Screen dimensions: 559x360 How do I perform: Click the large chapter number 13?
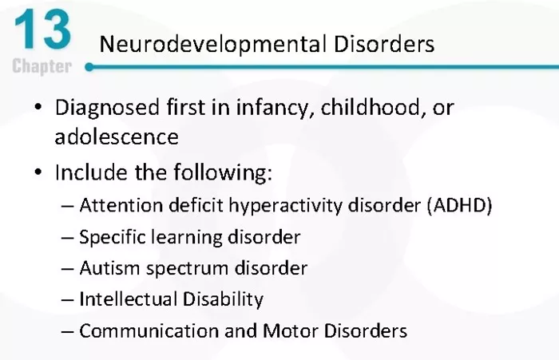coord(42,30)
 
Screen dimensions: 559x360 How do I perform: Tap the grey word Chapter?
coord(42,66)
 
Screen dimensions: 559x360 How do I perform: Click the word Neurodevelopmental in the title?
coord(213,45)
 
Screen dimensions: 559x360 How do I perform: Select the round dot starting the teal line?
coord(89,67)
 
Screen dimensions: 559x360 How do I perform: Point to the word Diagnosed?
coord(107,108)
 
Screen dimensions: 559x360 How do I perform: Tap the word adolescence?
coord(117,137)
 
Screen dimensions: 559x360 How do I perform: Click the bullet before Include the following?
coord(38,172)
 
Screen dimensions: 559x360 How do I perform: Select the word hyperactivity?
coord(285,206)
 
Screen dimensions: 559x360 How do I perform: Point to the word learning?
coord(186,238)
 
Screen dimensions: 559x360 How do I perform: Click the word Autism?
coord(109,268)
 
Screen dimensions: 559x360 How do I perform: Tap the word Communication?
coord(149,330)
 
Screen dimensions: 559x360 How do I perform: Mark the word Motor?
coord(290,330)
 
